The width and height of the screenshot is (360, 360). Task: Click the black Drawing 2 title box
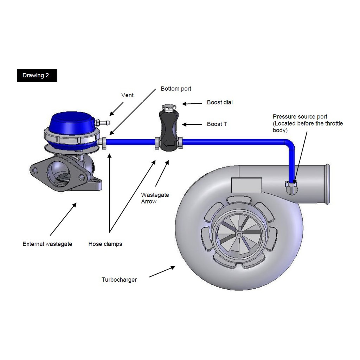pos(37,76)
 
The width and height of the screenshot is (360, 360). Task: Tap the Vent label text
pos(127,95)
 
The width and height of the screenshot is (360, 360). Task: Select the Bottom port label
pos(176,89)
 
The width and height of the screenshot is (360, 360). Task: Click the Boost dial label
pos(220,102)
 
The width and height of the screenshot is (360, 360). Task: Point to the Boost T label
pos(217,124)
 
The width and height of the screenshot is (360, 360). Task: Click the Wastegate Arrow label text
pos(155,198)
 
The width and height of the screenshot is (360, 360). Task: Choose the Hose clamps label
pos(105,244)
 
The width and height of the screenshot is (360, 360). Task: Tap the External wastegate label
pos(47,244)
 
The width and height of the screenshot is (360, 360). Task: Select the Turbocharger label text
pos(119,279)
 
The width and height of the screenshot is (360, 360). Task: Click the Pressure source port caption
pos(308,123)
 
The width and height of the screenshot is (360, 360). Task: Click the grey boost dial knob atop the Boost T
pos(169,108)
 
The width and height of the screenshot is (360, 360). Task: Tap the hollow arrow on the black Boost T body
pos(168,143)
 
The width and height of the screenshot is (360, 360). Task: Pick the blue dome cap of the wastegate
pos(72,123)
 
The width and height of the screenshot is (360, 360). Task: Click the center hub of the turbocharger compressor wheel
pos(239,234)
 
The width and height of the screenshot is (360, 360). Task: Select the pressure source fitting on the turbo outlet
pos(291,187)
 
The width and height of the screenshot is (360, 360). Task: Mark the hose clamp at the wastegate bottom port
pos(104,143)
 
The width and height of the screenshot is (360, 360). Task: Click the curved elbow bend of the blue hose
pos(290,144)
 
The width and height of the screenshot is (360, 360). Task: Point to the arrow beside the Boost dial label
pos(192,104)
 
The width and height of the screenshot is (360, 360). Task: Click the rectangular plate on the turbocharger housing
pos(246,185)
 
